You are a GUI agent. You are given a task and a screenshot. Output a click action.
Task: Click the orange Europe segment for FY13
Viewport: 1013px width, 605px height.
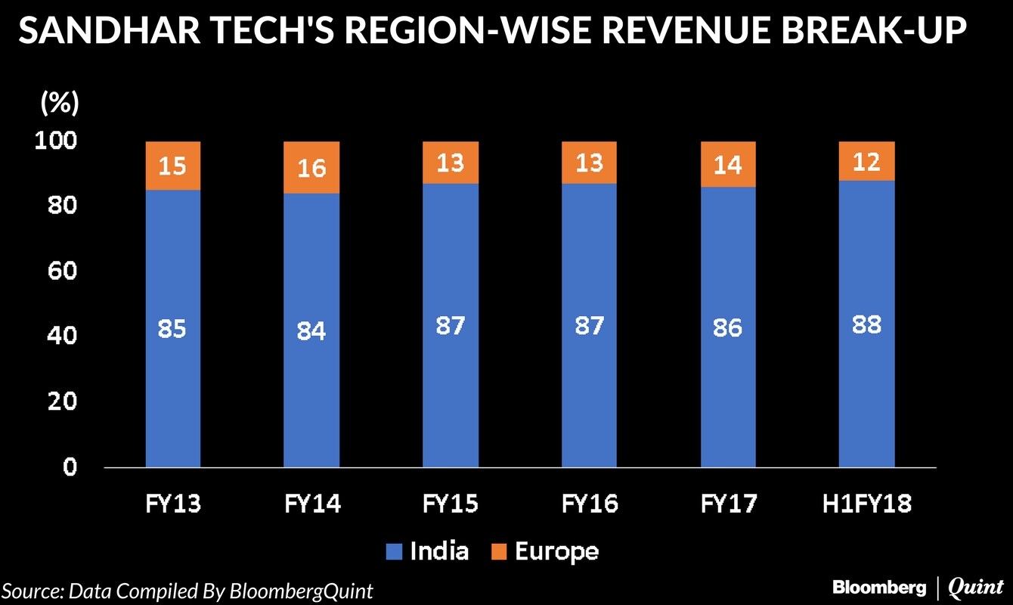click(x=173, y=166)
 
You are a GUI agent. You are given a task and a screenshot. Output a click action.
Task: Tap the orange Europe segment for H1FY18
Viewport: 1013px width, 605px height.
click(x=867, y=161)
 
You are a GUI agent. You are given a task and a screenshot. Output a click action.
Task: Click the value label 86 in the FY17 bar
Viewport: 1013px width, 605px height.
click(x=728, y=328)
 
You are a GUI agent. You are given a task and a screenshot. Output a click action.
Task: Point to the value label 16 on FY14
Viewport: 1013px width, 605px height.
click(x=311, y=167)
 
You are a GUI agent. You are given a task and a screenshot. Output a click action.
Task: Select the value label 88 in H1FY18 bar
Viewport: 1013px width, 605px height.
click(x=867, y=325)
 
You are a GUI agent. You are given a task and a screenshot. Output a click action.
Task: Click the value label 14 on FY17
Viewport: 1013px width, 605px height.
click(x=728, y=164)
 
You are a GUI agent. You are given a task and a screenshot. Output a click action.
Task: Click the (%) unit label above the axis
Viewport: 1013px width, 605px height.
click(x=59, y=104)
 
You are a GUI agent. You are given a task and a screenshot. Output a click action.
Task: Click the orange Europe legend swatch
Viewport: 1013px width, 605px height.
click(x=499, y=552)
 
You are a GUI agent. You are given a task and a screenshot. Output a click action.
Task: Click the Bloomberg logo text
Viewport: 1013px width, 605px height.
click(x=878, y=588)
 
